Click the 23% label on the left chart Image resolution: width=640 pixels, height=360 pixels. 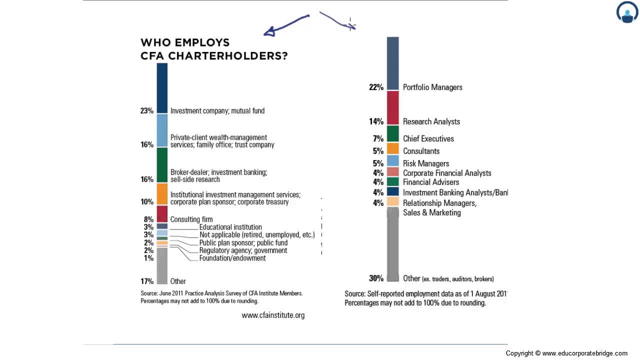pyautogui.click(x=146, y=111)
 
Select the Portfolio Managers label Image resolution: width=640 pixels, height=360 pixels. pyautogui.click(x=432, y=87)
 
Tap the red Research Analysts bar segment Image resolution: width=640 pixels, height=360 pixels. pyautogui.click(x=392, y=107)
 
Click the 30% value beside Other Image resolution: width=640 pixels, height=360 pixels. pyautogui.click(x=376, y=278)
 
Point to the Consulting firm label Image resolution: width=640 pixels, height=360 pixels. pyautogui.click(x=191, y=219)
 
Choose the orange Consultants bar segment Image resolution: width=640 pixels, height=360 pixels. pyautogui.click(x=392, y=148)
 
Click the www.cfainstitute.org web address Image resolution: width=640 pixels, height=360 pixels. pyautogui.click(x=273, y=315)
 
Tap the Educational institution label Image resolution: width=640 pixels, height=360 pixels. pyautogui.click(x=230, y=227)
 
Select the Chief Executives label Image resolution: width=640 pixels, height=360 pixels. pyautogui.click(x=428, y=139)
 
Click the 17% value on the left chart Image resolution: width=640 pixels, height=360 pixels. pyautogui.click(x=146, y=281)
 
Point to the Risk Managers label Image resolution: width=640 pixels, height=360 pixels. pyautogui.click(x=426, y=163)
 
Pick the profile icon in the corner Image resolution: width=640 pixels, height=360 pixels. pyautogui.click(x=627, y=12)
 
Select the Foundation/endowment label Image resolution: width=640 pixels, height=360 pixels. pyautogui.click(x=232, y=258)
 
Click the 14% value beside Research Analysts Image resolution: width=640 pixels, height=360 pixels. pyautogui.click(x=376, y=121)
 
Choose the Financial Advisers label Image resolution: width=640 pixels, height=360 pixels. pyautogui.click(x=431, y=182)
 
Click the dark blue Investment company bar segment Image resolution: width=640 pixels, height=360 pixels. pyautogui.click(x=162, y=88)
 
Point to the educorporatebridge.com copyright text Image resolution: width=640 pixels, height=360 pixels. pyautogui.click(x=566, y=353)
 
